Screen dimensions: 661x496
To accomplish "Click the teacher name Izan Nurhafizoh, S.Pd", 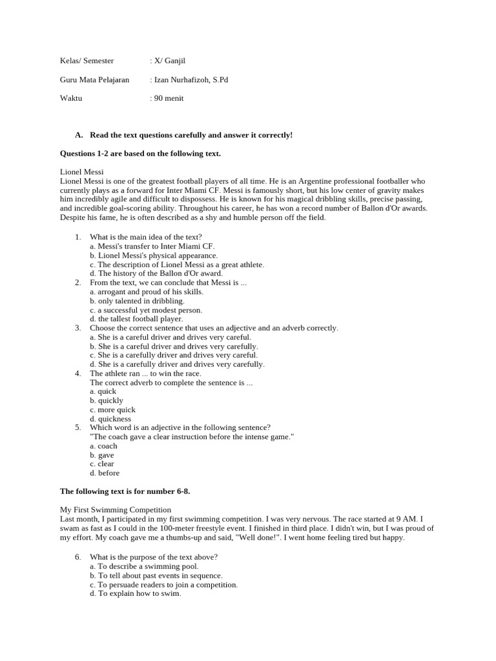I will point(191,80).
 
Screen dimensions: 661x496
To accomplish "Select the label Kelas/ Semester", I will point(87,61).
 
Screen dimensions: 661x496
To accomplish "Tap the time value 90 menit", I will point(169,98).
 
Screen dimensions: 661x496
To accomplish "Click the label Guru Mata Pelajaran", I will point(94,80).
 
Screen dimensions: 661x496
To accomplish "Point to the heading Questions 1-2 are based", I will point(140,154).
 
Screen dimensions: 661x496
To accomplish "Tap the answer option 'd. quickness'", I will point(110,418).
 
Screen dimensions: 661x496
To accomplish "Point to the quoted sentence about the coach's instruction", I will point(192,436).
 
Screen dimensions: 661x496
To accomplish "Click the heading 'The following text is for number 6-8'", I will point(125,491).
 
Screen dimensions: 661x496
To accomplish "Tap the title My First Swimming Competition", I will point(116,510).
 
